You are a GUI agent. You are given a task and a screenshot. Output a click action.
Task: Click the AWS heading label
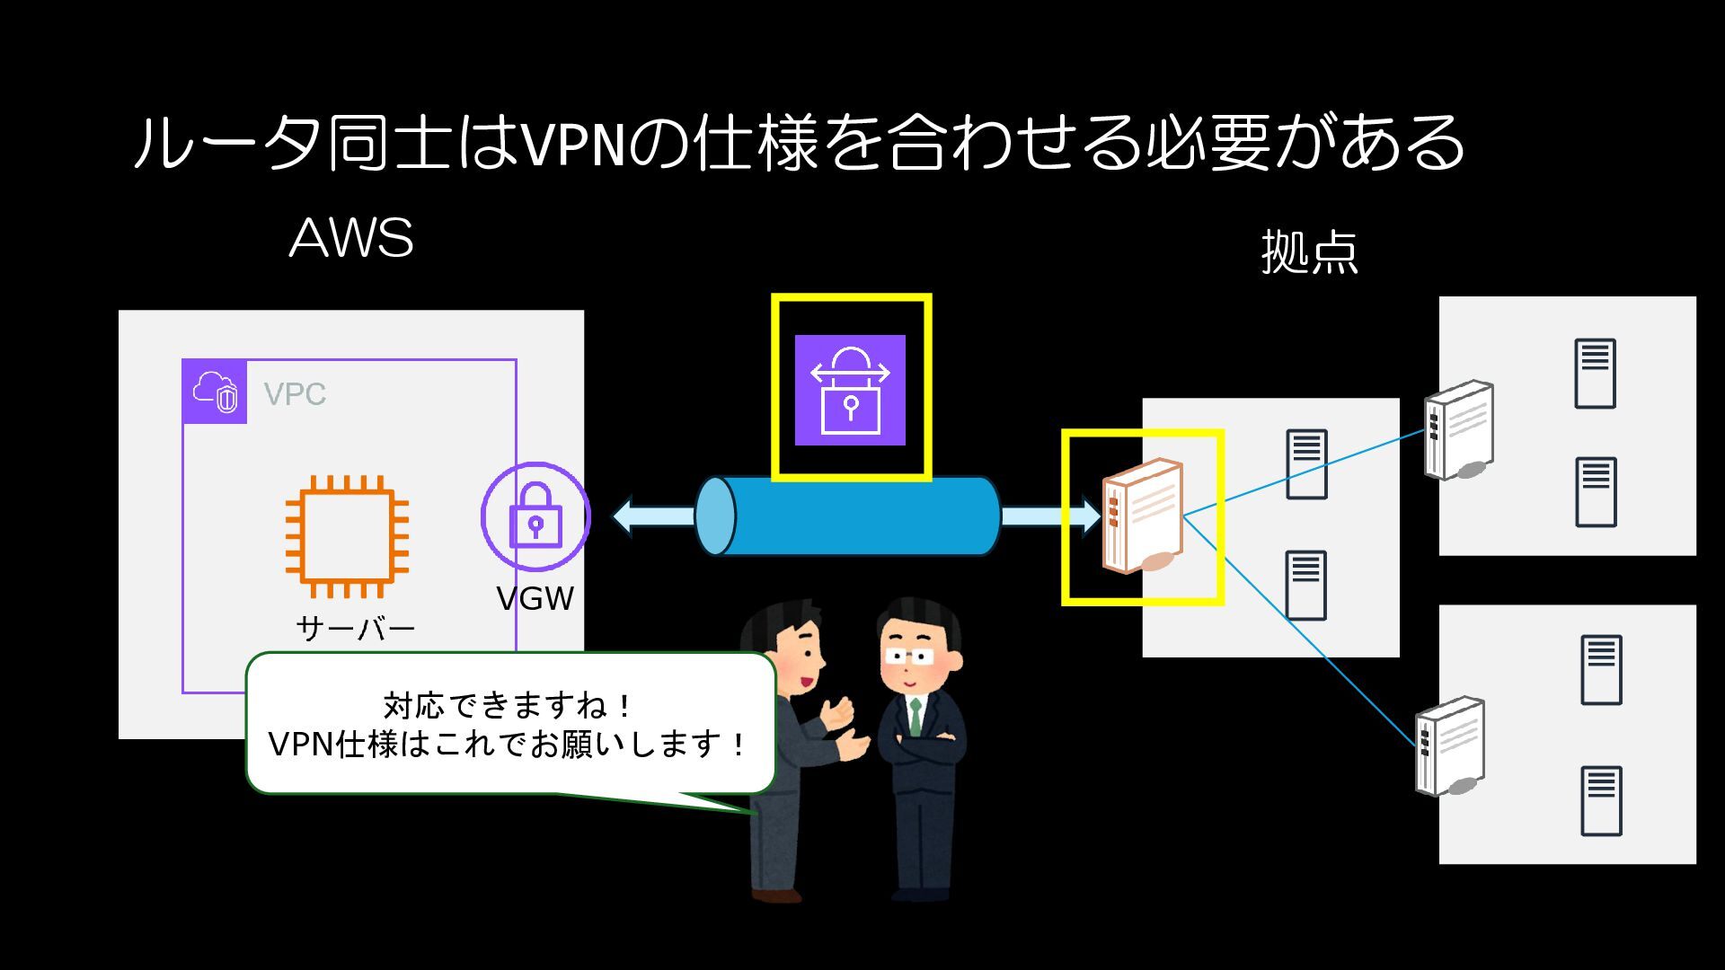351,238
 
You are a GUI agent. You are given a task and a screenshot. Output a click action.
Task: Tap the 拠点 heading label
1309,251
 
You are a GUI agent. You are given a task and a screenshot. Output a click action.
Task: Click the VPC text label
295,394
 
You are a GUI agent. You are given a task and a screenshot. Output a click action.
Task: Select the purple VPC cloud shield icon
215,392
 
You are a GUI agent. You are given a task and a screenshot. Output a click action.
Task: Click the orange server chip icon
347,536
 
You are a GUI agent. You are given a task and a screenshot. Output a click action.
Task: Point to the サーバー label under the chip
355,628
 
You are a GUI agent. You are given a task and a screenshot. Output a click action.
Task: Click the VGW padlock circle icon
535,517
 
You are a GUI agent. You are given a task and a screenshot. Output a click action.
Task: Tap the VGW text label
535,599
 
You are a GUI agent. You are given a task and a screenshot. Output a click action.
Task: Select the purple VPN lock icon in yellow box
850,390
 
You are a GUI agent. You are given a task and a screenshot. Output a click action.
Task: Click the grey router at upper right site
1459,430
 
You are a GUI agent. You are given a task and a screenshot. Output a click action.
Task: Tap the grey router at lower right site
1449,746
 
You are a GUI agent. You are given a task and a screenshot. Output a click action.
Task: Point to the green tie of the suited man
915,716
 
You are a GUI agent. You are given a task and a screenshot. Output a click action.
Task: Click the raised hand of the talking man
841,714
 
